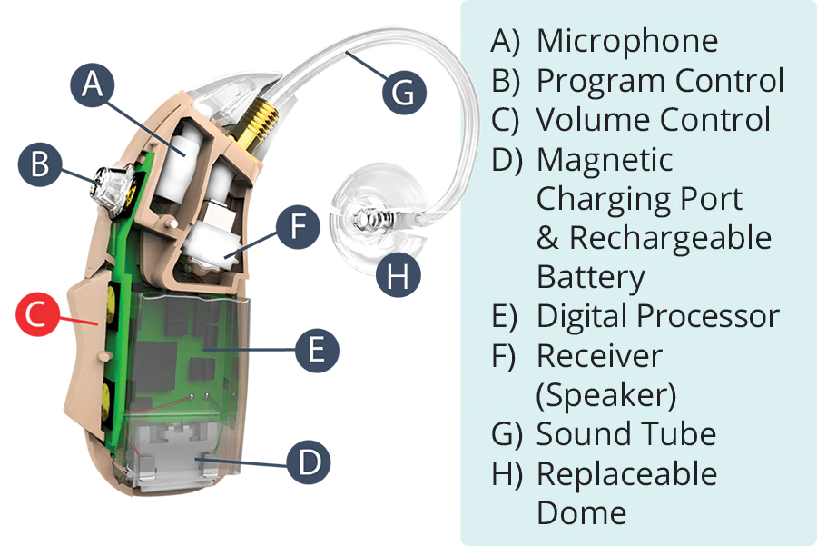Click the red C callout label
pos(34,314)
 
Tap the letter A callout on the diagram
pos(92,84)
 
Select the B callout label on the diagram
pos(40,164)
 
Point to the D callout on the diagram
pos(310,462)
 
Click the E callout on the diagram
pos(316,349)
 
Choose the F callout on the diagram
pos(299,226)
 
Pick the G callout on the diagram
pos(402,92)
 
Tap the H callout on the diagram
pos(397,277)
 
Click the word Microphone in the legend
pos(627,41)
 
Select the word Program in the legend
pos(594,80)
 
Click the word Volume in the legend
pos(591,120)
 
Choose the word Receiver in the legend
pos(600,355)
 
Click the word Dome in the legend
pos(581,512)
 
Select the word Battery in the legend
pos(591,276)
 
